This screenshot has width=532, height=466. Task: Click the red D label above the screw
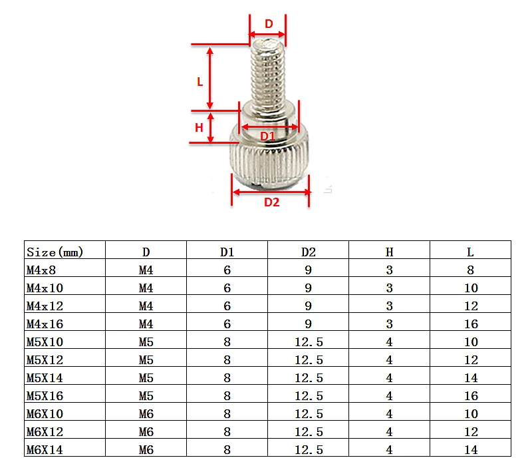(x=269, y=23)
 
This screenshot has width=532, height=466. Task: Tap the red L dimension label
(x=199, y=81)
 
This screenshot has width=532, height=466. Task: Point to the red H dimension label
(x=199, y=127)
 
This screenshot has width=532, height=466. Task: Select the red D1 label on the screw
(x=267, y=136)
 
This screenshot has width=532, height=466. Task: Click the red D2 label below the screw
(x=272, y=202)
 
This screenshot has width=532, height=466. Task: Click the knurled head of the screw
(x=270, y=160)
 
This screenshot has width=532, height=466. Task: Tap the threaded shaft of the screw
(x=268, y=73)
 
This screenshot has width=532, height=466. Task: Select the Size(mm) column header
(x=56, y=252)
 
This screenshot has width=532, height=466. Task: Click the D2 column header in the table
(x=309, y=252)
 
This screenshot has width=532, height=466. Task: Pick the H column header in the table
(x=390, y=252)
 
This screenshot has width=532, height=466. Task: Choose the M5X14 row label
(x=45, y=377)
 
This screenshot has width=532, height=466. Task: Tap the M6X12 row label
(x=45, y=431)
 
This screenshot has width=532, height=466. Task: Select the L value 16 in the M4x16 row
(x=471, y=324)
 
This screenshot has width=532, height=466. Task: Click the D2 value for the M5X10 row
(x=309, y=342)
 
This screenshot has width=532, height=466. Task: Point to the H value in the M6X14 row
(x=390, y=449)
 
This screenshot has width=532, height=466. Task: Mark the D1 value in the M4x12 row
(x=227, y=306)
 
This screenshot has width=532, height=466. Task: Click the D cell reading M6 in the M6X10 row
(x=146, y=413)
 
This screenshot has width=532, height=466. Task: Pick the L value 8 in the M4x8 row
(x=471, y=270)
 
